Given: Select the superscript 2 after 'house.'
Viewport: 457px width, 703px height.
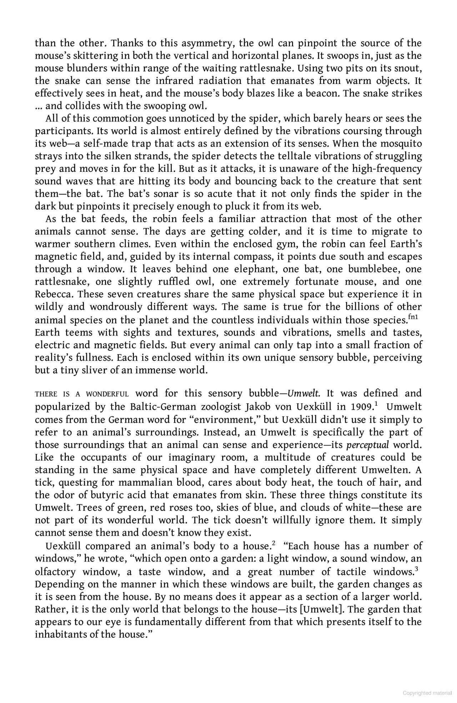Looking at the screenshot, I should click(273, 544).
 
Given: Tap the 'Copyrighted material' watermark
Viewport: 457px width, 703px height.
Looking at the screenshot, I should click(427, 693).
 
